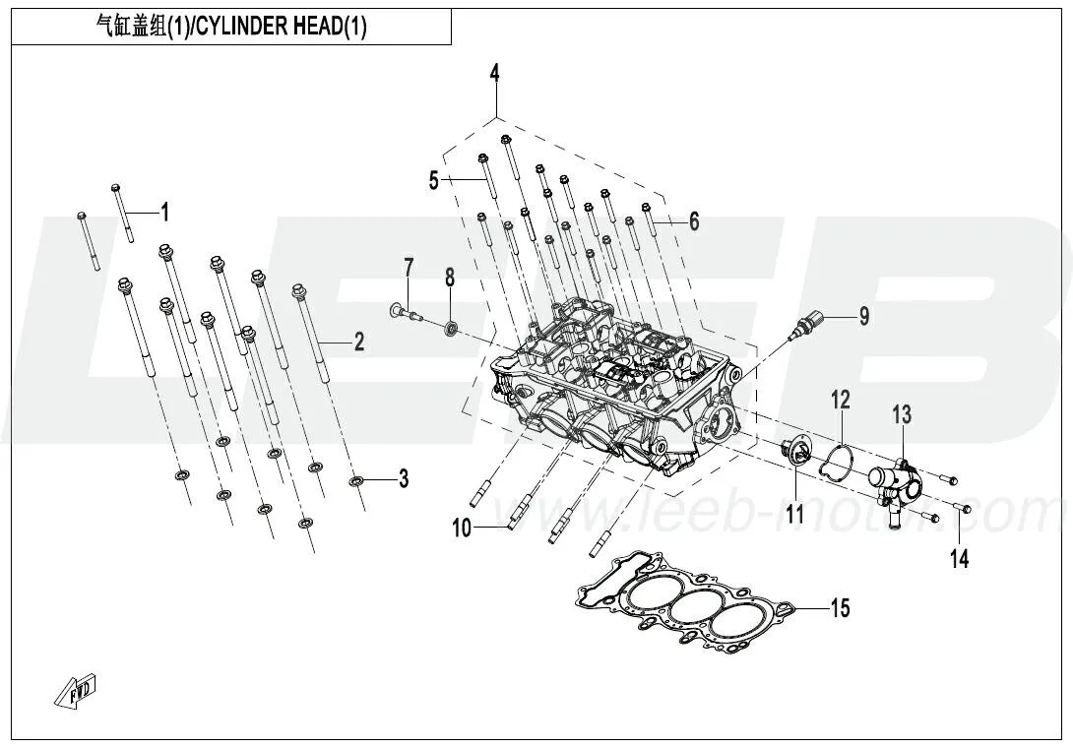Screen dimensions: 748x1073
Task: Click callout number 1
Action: [165, 212]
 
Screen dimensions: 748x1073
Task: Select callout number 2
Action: [359, 342]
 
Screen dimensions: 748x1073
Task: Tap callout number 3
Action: [403, 480]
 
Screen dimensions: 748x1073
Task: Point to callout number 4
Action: [495, 73]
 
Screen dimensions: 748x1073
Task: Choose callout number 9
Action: [864, 316]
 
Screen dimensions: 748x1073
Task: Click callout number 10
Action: [462, 529]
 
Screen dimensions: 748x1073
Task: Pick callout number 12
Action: [840, 400]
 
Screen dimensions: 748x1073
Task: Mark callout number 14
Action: [959, 559]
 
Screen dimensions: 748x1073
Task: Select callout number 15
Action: [839, 608]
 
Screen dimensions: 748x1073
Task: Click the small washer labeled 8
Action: [451, 326]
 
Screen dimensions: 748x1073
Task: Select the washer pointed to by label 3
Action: [357, 481]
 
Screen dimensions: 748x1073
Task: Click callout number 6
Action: [694, 222]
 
